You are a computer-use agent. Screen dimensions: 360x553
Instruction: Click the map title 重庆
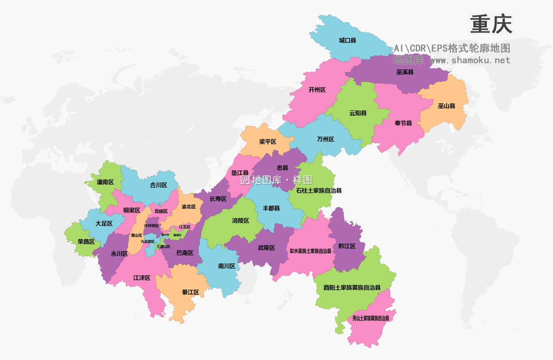491,24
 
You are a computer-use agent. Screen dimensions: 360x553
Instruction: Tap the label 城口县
347,41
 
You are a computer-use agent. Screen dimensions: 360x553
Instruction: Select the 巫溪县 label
405,72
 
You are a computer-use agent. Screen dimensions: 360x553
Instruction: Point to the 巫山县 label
446,106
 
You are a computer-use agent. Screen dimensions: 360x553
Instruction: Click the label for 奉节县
403,123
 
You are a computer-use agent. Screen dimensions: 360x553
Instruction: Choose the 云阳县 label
358,113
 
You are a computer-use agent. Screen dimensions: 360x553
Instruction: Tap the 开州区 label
317,90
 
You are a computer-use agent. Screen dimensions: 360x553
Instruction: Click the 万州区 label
326,139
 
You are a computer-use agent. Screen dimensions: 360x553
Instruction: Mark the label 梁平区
268,142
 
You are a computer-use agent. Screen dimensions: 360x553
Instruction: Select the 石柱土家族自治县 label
319,191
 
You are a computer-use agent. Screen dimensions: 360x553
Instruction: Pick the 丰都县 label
271,209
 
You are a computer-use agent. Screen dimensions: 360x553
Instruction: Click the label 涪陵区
241,221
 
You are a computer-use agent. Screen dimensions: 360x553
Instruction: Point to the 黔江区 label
347,246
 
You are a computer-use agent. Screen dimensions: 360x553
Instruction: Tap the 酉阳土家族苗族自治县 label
352,288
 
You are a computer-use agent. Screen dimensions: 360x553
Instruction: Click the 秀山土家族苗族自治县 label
371,318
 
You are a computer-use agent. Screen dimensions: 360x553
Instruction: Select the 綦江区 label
191,292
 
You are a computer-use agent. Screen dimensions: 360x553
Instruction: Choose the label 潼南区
105,182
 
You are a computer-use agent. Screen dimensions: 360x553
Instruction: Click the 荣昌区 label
86,242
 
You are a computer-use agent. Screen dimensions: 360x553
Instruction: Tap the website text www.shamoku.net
470,60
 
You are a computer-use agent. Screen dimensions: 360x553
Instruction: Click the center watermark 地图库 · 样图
276,180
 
